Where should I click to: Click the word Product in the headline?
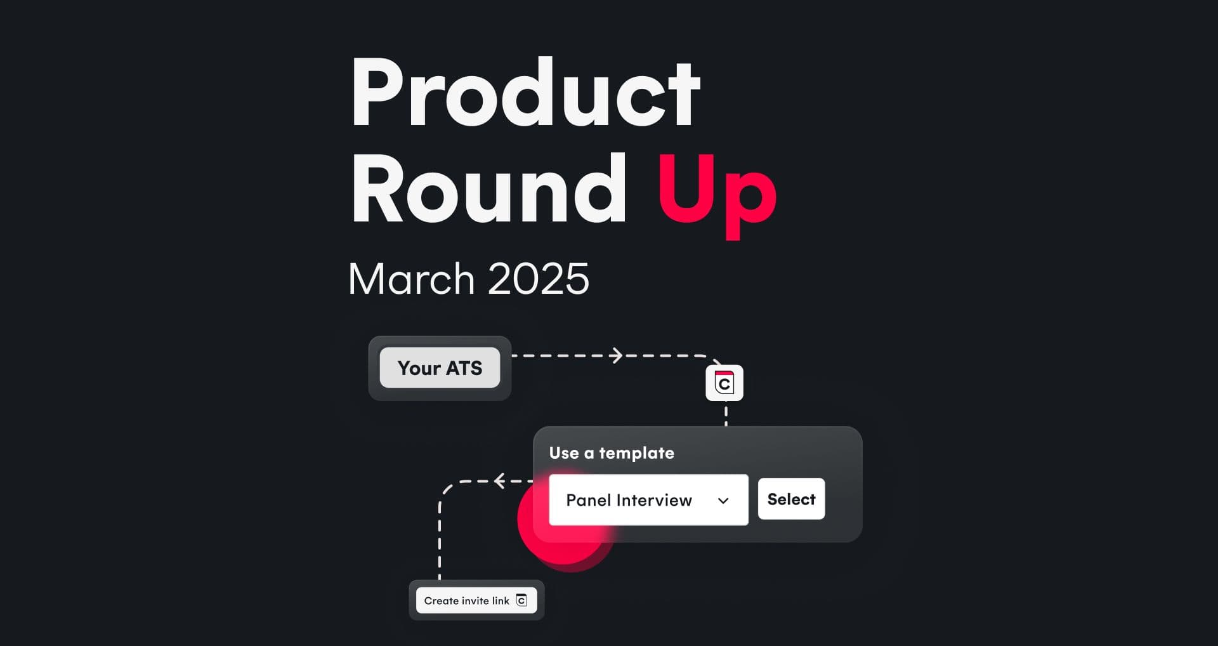click(x=525, y=93)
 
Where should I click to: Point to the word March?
click(x=411, y=279)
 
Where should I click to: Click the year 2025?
click(x=539, y=279)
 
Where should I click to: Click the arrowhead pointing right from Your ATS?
click(x=616, y=355)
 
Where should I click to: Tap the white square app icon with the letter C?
click(x=724, y=383)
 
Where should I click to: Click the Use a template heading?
click(x=612, y=453)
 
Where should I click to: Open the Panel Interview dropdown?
click(x=648, y=500)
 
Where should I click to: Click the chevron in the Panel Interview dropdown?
click(x=723, y=501)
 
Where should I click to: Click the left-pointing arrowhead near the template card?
click(x=500, y=481)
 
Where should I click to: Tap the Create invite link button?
click(x=476, y=600)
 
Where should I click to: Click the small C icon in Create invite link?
click(x=521, y=600)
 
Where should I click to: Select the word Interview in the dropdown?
click(x=655, y=500)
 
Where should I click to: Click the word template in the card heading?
click(x=636, y=453)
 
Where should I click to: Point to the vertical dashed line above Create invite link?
click(x=440, y=540)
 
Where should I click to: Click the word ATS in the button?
click(x=464, y=368)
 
